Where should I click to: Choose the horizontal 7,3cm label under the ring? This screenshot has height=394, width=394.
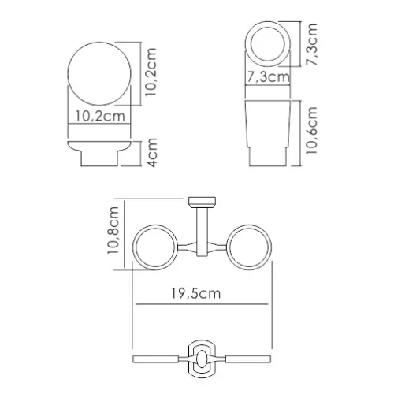point(266,77)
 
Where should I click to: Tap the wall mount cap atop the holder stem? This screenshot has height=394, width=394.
point(203,199)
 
